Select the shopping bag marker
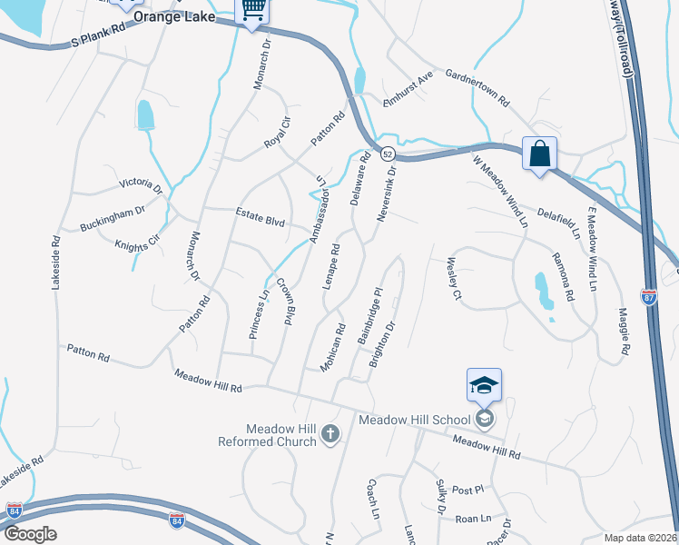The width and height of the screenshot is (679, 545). [539, 154]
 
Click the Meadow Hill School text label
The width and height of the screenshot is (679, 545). [415, 420]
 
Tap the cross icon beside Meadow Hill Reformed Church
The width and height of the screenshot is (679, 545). [330, 435]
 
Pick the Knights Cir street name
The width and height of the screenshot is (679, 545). [137, 243]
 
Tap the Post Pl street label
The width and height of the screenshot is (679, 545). [468, 490]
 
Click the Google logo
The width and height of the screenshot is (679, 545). [31, 534]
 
